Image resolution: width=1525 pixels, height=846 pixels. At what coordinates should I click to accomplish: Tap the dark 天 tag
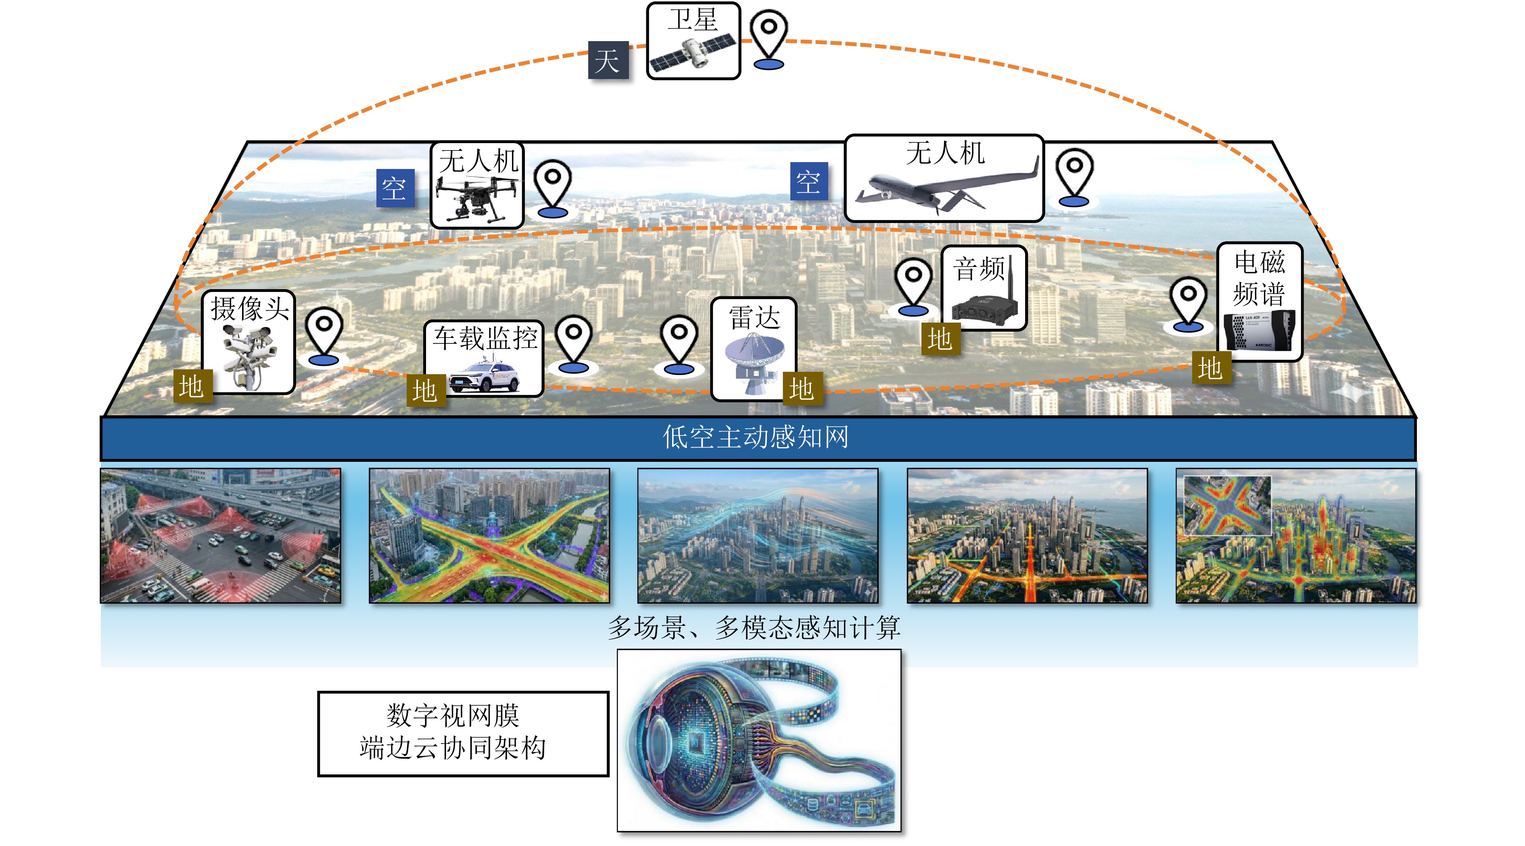tap(608, 60)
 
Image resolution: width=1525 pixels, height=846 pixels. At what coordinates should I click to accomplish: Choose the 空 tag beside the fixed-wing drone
tap(808, 181)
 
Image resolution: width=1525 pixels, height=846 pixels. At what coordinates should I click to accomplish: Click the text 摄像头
tap(250, 308)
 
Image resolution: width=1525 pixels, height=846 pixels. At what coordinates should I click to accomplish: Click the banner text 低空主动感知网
tap(755, 437)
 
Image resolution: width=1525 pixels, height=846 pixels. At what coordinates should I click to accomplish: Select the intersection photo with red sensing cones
tap(220, 536)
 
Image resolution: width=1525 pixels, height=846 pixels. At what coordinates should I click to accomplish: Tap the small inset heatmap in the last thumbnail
tap(1226, 505)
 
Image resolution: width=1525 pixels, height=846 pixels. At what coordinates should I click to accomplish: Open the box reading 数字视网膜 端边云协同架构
tap(463, 733)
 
